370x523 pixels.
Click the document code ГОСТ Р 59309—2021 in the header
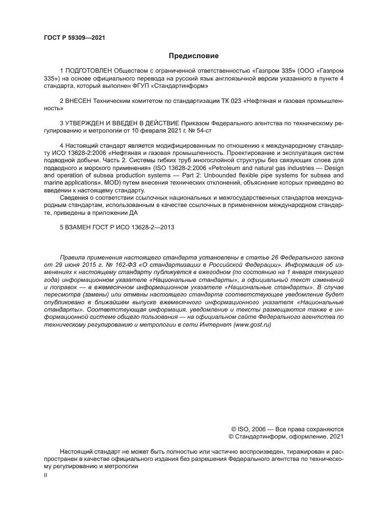point(74,38)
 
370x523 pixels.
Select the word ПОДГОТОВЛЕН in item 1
point(89,71)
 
